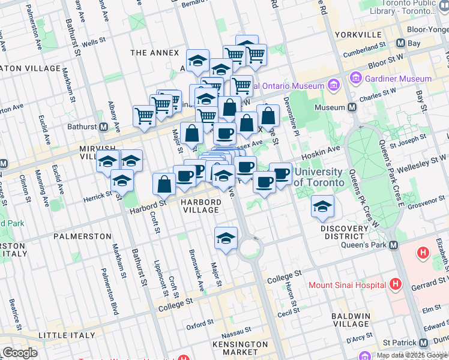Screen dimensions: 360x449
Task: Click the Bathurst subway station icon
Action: (103, 127)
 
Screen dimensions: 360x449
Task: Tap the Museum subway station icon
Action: (352, 107)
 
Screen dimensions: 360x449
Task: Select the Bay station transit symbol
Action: (400, 43)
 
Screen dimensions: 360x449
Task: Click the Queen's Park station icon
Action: (393, 245)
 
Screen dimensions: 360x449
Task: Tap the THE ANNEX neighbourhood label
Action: (155, 53)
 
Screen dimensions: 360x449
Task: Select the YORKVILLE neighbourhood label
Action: (360, 35)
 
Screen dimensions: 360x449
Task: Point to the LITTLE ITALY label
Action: (67, 334)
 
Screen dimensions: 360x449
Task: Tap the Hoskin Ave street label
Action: (324, 148)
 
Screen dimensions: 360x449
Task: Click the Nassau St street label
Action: (235, 331)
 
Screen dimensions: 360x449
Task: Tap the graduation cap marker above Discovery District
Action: (322, 206)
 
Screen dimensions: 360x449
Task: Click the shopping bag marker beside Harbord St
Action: (164, 184)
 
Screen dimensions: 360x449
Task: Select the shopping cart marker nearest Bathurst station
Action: (144, 116)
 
